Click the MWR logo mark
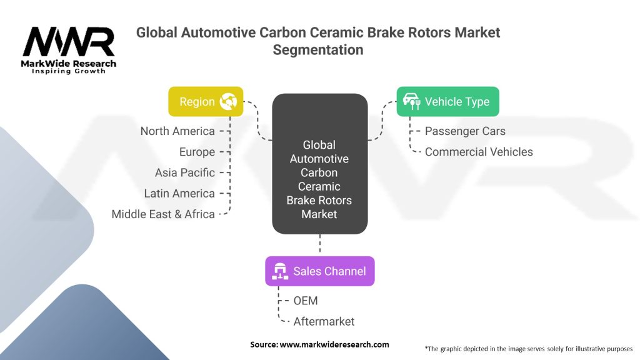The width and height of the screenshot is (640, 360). (x=69, y=42)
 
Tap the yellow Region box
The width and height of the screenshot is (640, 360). (x=206, y=102)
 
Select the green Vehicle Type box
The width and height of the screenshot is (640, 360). (x=447, y=102)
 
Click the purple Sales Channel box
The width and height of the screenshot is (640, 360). (x=320, y=271)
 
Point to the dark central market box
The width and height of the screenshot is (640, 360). (x=320, y=164)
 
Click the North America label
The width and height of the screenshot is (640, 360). (x=177, y=131)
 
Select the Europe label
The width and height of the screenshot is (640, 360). (x=197, y=152)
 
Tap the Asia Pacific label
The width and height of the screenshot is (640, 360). (x=185, y=172)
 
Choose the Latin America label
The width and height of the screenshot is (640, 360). (x=179, y=194)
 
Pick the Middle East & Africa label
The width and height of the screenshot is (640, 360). (x=163, y=214)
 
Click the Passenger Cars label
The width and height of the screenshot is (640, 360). (x=465, y=131)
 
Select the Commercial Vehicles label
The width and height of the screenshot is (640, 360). (x=479, y=152)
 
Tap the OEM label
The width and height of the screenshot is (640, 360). (x=306, y=301)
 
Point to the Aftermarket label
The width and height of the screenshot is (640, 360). (x=324, y=322)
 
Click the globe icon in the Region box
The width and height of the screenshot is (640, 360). (x=228, y=102)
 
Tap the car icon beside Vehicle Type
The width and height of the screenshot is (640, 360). (x=411, y=101)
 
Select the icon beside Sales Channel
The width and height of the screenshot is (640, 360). (x=280, y=271)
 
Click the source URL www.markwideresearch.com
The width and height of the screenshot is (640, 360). (x=334, y=344)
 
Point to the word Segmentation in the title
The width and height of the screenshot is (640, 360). (x=318, y=50)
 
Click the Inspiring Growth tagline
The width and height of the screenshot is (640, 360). (x=69, y=71)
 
